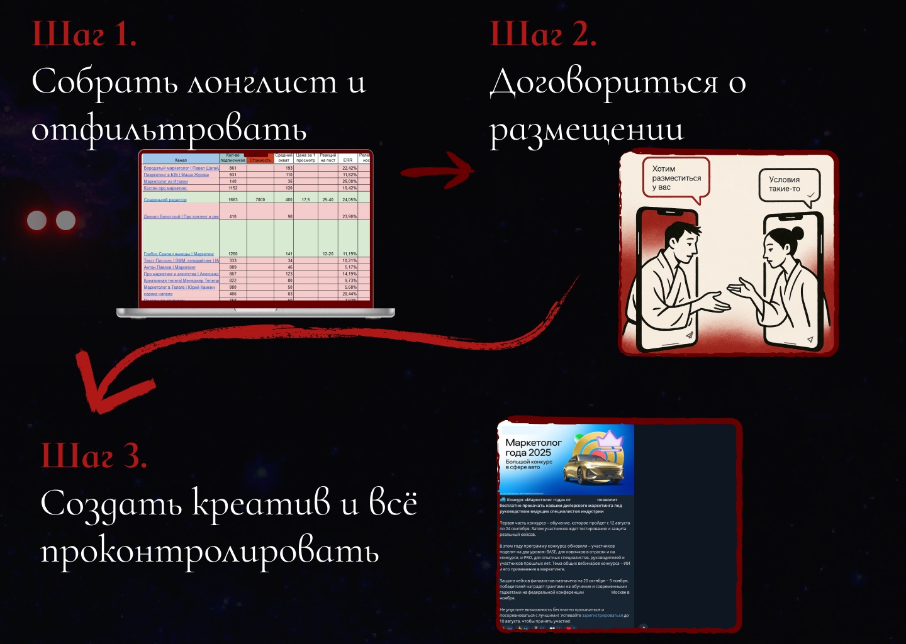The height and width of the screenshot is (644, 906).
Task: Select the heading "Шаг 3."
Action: (94, 455)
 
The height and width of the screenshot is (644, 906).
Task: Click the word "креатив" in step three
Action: (260, 504)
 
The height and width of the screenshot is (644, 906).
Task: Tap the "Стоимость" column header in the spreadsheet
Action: (260, 160)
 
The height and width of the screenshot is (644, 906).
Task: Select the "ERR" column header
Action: (348, 160)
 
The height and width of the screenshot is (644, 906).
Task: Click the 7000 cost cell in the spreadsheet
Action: (260, 199)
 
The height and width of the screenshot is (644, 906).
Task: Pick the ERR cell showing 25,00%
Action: (349, 181)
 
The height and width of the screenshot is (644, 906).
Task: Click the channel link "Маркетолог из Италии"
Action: (165, 181)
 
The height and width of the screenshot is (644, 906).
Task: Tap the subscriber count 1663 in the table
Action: (233, 199)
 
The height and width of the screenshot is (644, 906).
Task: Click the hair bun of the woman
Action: (798, 232)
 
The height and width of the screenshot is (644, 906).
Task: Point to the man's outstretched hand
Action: (717, 303)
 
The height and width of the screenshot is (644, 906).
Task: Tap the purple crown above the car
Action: (609, 438)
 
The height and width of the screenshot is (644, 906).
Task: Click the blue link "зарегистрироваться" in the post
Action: (602, 615)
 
